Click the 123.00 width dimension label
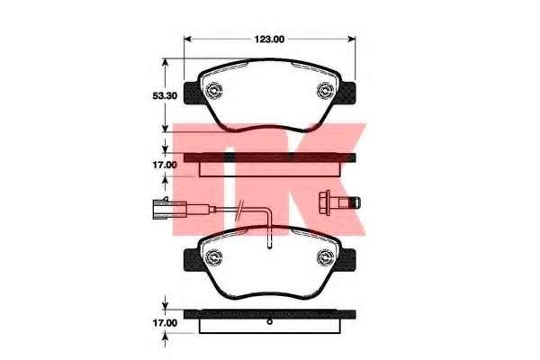point(268,40)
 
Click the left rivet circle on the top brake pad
point(214,90)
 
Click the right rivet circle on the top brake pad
point(325,90)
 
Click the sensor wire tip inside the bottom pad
point(271,242)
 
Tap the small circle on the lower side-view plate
point(269,321)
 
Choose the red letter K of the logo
point(324,171)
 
